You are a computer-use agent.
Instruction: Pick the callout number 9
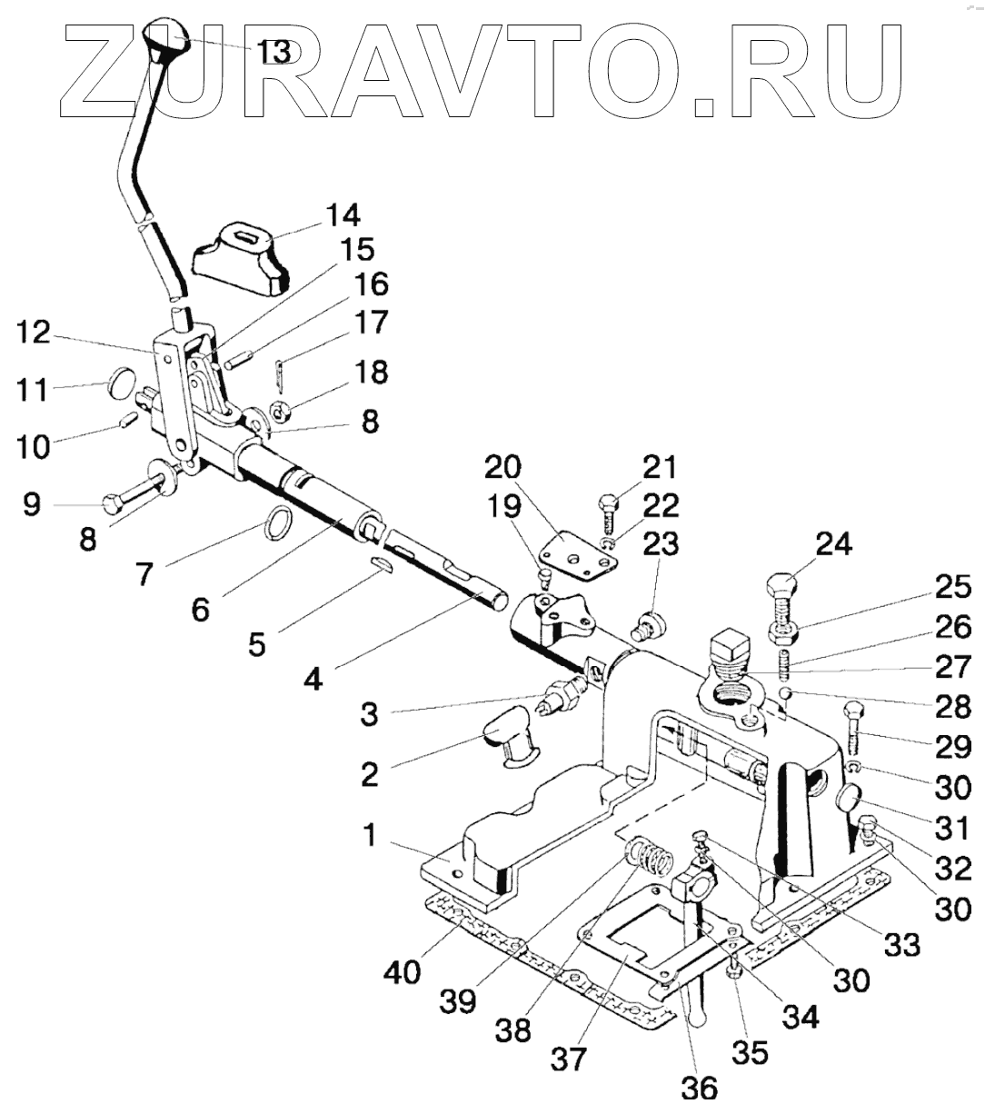[x=32, y=504]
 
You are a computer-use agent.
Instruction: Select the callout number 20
[x=502, y=468]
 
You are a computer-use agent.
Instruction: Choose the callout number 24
[x=834, y=545]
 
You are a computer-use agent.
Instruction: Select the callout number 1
[x=369, y=835]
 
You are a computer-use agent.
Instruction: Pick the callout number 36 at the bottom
[x=701, y=1087]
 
